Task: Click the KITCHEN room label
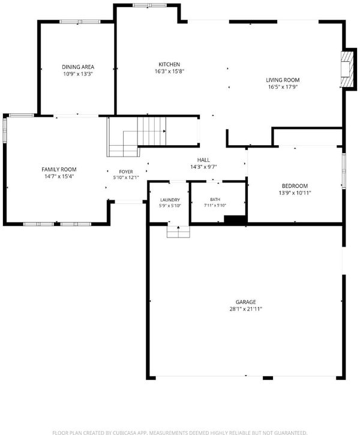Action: (x=169, y=64)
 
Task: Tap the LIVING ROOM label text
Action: (x=283, y=80)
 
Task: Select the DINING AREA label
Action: (x=78, y=67)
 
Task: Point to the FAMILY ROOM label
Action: (x=59, y=169)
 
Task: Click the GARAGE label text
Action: (x=246, y=302)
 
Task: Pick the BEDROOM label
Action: (x=295, y=186)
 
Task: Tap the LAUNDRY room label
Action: (x=170, y=200)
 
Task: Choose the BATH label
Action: (x=215, y=199)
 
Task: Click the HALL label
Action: (x=203, y=160)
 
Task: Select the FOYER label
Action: (x=126, y=172)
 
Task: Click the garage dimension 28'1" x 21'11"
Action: (x=246, y=309)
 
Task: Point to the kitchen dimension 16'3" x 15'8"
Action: (x=169, y=71)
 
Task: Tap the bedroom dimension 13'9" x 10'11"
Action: (x=295, y=193)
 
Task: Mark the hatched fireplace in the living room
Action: (x=347, y=69)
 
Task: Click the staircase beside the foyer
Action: (x=136, y=136)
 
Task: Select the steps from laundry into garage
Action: (x=178, y=232)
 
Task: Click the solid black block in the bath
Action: (x=235, y=220)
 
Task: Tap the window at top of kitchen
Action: (x=149, y=5)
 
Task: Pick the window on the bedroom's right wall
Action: (x=344, y=171)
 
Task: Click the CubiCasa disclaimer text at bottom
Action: (x=180, y=433)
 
